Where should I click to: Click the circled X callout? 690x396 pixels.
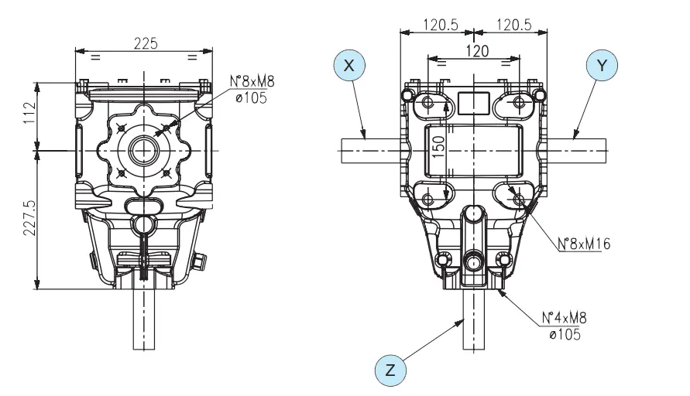coord(350,67)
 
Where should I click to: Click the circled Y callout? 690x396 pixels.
coord(602,67)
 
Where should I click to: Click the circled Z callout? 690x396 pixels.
coord(391,369)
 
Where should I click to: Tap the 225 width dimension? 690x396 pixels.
coord(143,44)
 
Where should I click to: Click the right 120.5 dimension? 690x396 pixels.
coord(510,25)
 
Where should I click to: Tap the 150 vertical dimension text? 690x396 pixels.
coord(439,146)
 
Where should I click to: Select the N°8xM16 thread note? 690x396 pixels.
coord(583,244)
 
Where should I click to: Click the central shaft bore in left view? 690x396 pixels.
coord(142,148)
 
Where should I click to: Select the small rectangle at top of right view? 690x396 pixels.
coord(474,101)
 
